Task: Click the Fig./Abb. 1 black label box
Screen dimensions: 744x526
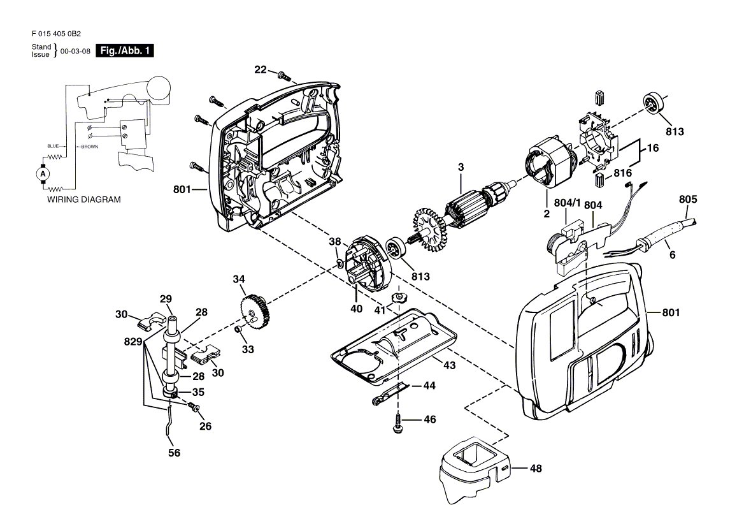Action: tap(125, 51)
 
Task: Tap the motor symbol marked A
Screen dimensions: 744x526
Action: tap(43, 174)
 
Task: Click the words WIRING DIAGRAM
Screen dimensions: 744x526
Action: tap(83, 200)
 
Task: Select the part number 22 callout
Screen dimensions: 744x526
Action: tap(261, 69)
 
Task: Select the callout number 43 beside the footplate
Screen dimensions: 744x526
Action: tap(449, 365)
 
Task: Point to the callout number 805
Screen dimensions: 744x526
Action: tap(687, 200)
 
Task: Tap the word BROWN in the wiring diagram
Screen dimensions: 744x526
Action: tap(90, 147)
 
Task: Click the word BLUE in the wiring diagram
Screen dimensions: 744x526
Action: tap(53, 146)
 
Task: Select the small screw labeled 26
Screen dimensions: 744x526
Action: tap(194, 407)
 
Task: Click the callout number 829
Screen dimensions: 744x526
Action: tap(133, 342)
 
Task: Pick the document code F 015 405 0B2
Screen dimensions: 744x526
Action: tap(57, 34)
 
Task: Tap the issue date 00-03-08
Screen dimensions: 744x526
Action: tap(75, 51)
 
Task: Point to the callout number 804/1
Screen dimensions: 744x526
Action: tap(567, 203)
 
